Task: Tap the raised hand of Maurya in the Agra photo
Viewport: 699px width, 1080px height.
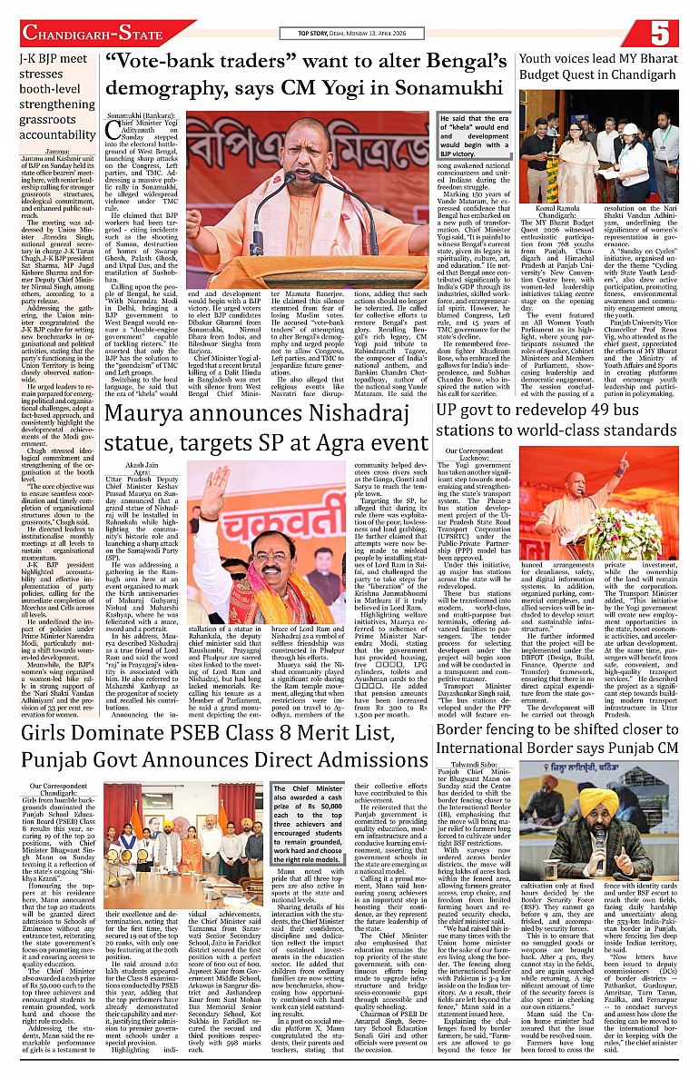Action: (x=214, y=485)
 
